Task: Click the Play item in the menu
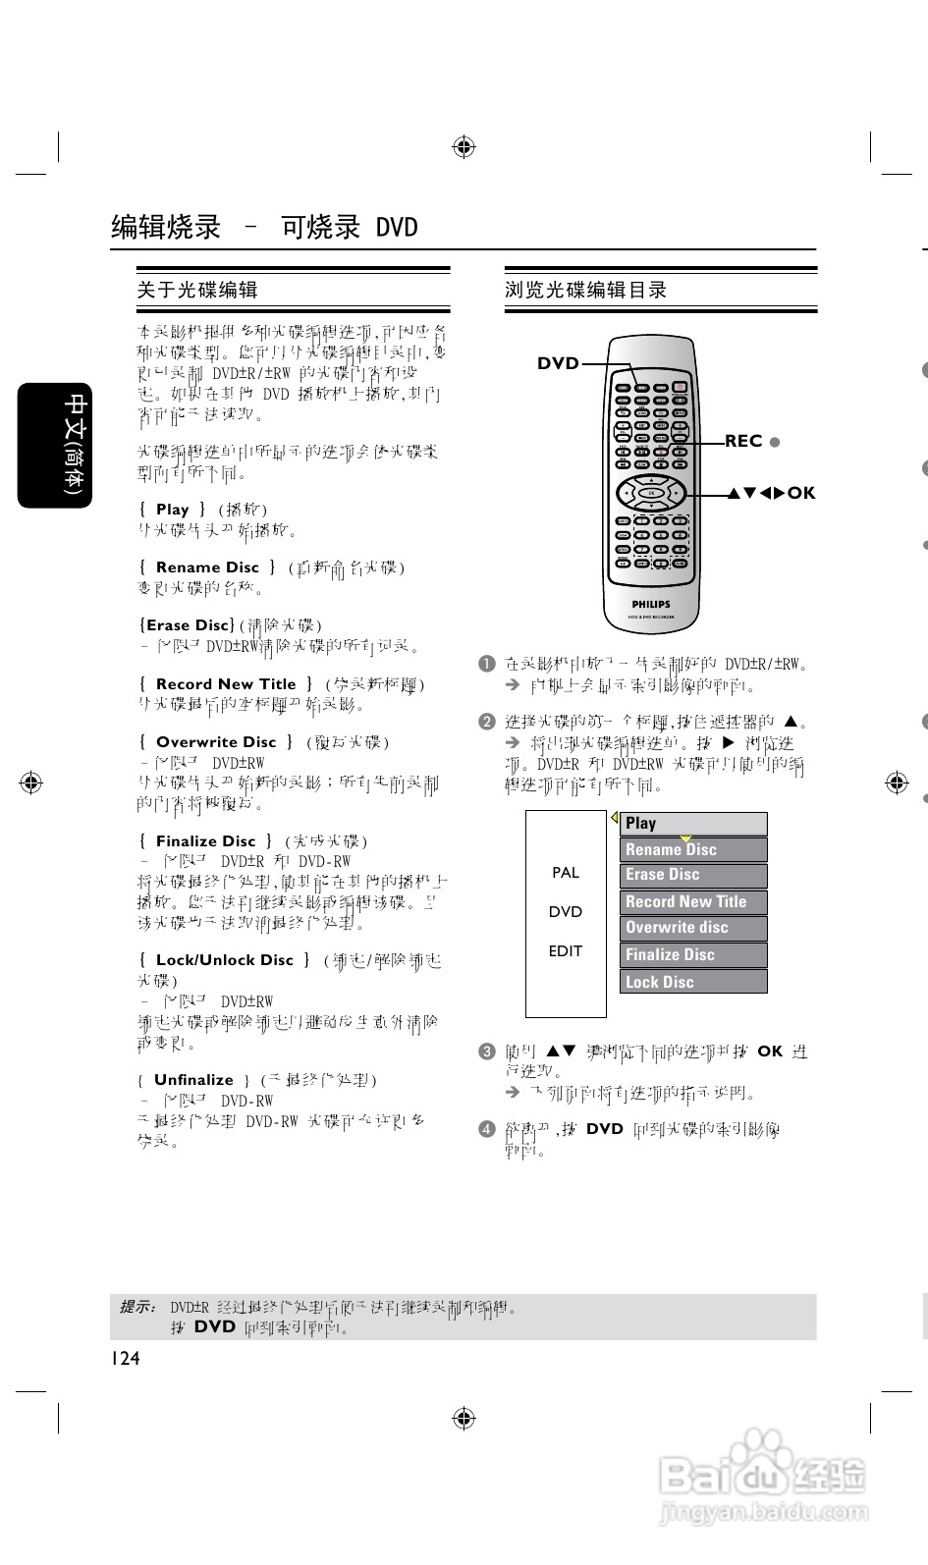tap(693, 824)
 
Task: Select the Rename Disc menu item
tap(693, 849)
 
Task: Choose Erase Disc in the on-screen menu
tap(693, 875)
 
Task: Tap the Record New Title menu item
tap(693, 901)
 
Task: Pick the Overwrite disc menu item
tap(693, 928)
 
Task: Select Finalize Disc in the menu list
tap(693, 954)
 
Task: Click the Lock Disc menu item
tap(693, 981)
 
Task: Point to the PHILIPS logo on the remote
tap(650, 605)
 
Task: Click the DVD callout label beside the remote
tap(558, 363)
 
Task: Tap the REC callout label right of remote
tap(743, 441)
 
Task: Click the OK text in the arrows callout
tap(801, 493)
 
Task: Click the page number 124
tap(125, 1358)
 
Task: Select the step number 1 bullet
tap(486, 664)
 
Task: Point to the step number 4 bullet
tap(486, 1129)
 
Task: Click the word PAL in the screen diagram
tap(566, 872)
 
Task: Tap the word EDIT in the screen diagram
tap(566, 950)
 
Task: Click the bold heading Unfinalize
tap(193, 1080)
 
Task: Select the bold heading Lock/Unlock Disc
tap(225, 960)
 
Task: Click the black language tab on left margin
tap(55, 445)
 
